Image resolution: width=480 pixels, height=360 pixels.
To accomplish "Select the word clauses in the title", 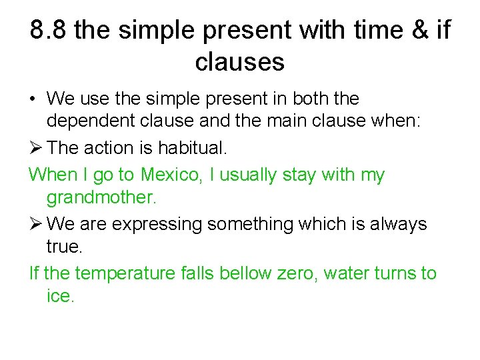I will pyautogui.click(x=240, y=62).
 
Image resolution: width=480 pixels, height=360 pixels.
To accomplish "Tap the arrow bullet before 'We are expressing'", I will pyautogui.click(x=36, y=224).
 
